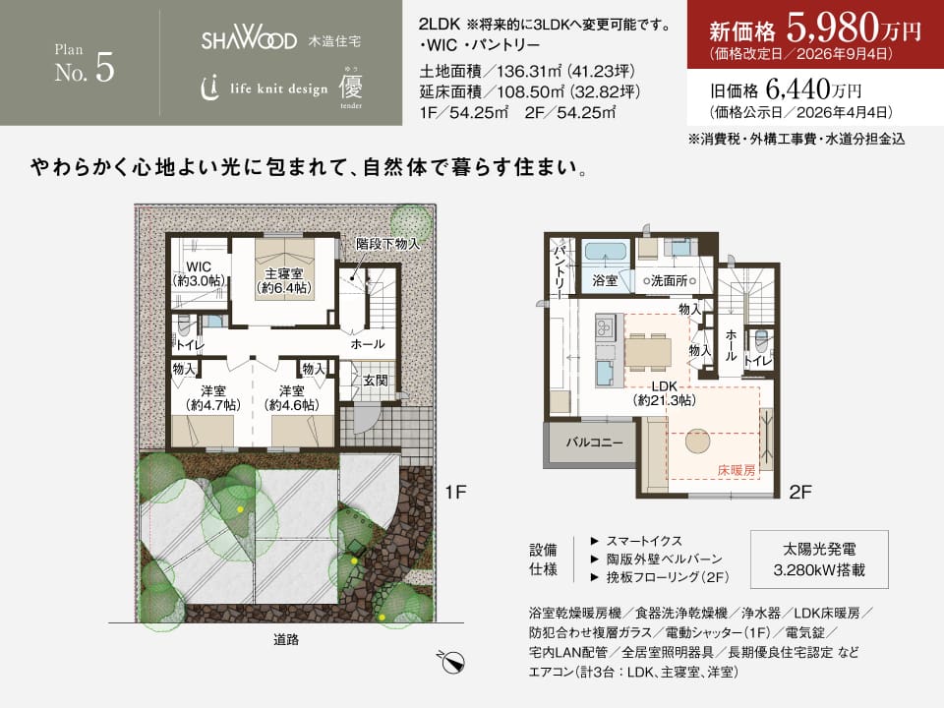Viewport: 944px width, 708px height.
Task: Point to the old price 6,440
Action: (798, 89)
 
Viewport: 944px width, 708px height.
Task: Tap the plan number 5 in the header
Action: (105, 68)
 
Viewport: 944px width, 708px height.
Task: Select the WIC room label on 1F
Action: (199, 266)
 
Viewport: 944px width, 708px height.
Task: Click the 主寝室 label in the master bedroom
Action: (283, 274)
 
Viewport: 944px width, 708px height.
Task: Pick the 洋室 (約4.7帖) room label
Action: (212, 398)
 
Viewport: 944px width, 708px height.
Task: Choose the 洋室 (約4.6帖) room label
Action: (291, 398)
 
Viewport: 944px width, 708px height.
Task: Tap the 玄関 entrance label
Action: (375, 381)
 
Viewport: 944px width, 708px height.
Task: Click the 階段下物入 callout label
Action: (387, 244)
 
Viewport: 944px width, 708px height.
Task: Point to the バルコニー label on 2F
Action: (594, 442)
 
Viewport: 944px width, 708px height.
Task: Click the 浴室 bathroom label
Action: (605, 280)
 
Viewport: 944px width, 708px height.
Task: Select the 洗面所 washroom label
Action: (669, 280)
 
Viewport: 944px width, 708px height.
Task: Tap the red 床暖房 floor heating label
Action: (737, 470)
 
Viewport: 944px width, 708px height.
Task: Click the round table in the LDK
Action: (698, 441)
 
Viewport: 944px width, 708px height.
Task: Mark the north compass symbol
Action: (451, 662)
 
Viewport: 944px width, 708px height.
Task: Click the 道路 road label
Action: (286, 639)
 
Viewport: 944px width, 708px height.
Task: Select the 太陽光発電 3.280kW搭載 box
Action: (819, 560)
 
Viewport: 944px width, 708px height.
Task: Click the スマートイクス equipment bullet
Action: (636, 541)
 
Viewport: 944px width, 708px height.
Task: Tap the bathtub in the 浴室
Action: (605, 252)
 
